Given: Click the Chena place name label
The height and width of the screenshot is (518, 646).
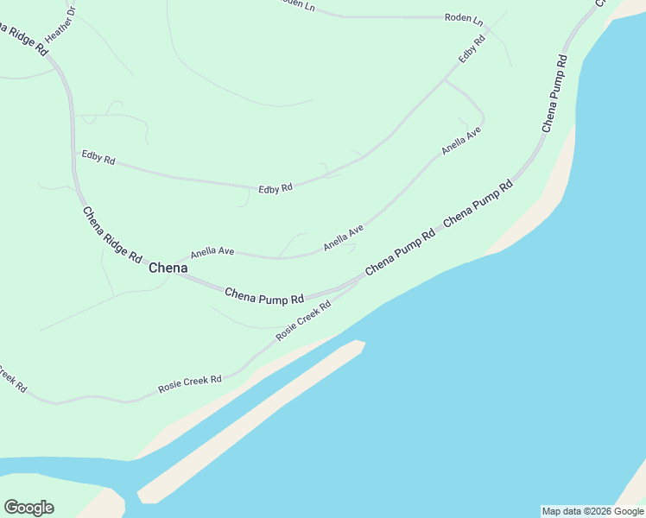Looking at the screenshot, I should pos(168,268).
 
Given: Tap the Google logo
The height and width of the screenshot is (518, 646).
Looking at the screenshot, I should pos(28,508).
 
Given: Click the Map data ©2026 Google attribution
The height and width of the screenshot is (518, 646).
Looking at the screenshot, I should pos(593,511).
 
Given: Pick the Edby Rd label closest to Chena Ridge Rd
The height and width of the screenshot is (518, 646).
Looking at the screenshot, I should pos(98,157).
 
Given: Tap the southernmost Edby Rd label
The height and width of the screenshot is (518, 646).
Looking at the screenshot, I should pos(275,187).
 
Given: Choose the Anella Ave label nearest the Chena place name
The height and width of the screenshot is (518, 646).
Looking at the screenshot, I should pos(212,252).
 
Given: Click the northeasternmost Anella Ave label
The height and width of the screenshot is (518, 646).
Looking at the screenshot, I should pos(460,139).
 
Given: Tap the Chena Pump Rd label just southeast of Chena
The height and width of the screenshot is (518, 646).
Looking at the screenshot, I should pos(263,295).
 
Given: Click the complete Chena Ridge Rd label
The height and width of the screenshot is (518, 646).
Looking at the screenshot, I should pos(111,234).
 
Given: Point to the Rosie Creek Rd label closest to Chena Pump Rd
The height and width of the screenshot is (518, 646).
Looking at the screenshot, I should pos(303,320).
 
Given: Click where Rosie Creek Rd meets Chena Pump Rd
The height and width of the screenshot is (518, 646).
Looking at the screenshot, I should pos(358,282).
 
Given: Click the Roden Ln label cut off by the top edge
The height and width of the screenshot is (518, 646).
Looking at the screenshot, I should pos(299,4).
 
